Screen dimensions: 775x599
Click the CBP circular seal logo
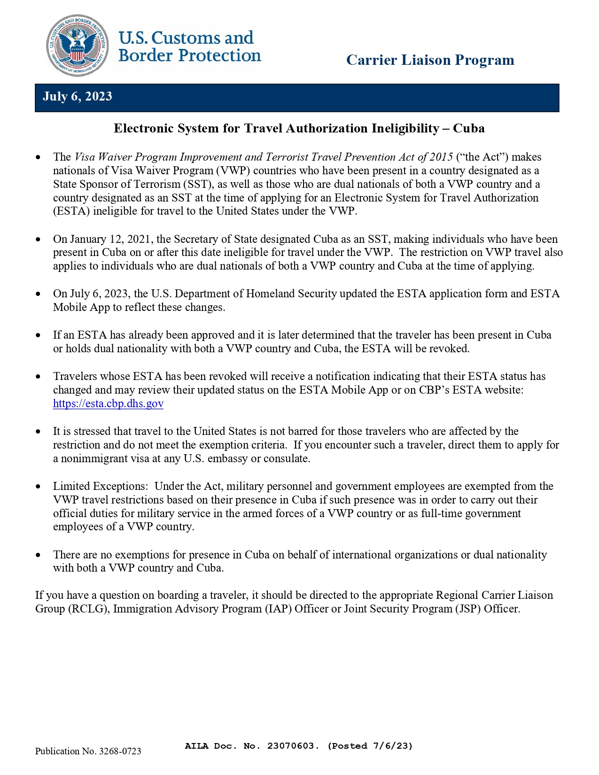pos(78,46)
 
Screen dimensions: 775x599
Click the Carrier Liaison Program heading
pos(430,60)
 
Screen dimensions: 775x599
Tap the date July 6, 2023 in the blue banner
pos(78,97)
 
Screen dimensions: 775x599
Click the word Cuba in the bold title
pos(468,129)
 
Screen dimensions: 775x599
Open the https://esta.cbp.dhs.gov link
pos(108,403)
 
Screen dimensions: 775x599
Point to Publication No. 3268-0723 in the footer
pos(88,751)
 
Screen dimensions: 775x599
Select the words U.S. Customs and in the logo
pos(186,38)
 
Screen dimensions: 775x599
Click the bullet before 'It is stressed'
pos(39,432)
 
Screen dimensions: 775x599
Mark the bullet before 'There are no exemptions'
pos(39,555)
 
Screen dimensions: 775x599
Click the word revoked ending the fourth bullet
pos(451,349)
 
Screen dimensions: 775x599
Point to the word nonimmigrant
pos(94,459)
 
